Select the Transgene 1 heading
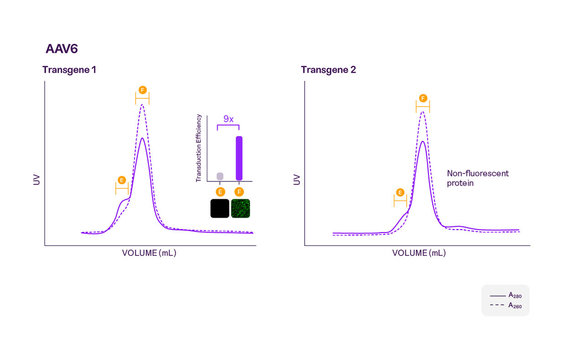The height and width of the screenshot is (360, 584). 69,70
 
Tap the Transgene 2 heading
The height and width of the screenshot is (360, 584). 328,70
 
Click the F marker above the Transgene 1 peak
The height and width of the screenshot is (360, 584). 143,90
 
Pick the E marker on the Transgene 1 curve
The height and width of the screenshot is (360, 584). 122,180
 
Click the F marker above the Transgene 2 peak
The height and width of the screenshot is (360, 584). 423,98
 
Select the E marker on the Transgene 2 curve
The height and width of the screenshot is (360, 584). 400,192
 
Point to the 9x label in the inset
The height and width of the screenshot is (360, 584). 228,119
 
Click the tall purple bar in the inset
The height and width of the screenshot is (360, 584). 239,158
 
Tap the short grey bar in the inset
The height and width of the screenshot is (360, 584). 220,176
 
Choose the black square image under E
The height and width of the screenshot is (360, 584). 219,208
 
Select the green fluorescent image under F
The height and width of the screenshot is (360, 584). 240,208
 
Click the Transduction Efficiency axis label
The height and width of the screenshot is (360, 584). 198,148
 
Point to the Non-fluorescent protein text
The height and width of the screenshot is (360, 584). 477,178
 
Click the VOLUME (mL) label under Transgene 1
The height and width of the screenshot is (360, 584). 149,253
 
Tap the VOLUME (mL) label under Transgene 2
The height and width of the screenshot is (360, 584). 419,253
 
